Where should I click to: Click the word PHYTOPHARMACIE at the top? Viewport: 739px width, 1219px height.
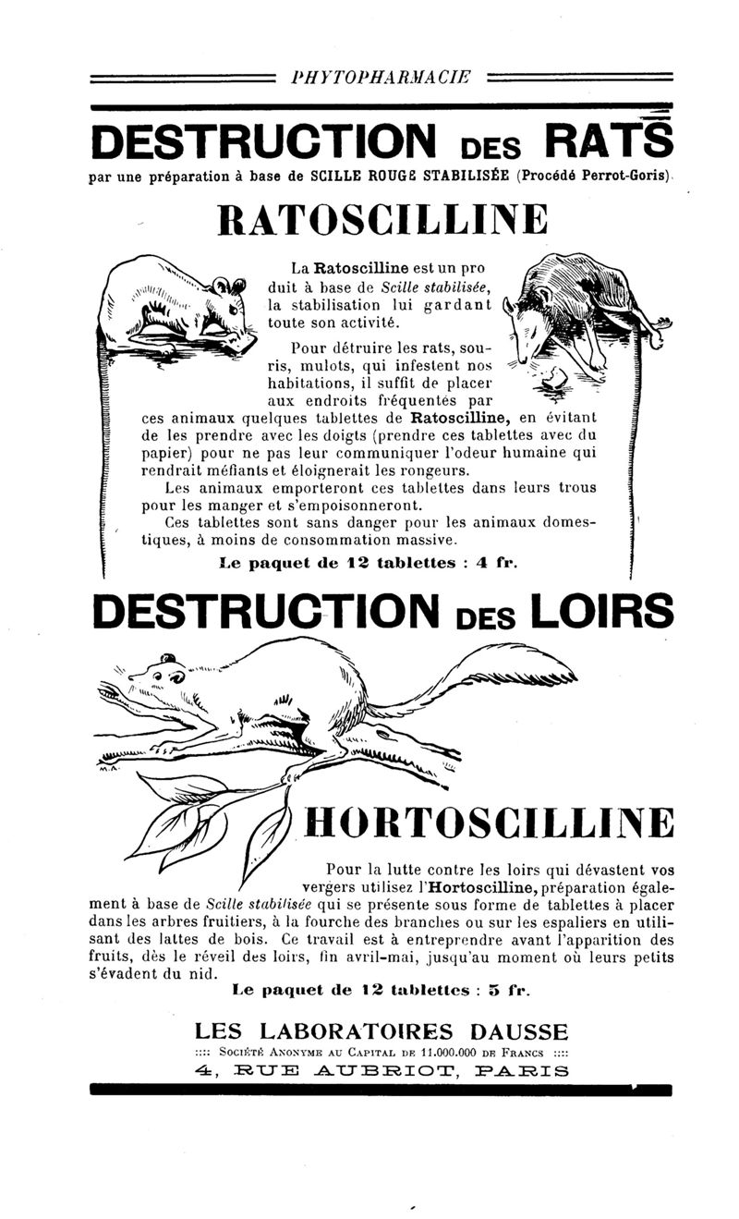point(380,78)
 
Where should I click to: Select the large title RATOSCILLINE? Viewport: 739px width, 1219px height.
point(382,221)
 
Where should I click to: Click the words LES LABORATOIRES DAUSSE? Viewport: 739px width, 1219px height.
point(382,1031)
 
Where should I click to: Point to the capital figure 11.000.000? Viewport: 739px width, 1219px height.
point(455,1052)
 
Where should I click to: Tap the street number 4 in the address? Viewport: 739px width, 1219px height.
point(209,1072)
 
